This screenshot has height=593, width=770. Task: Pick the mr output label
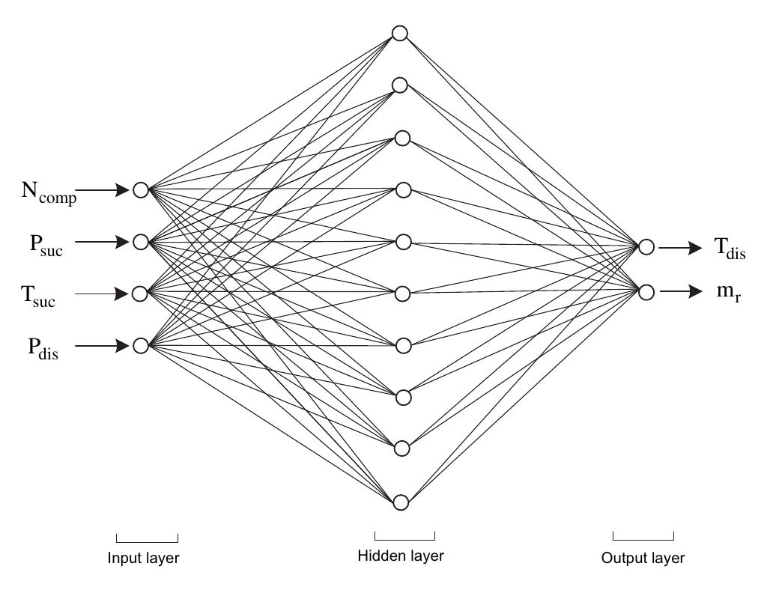(x=728, y=293)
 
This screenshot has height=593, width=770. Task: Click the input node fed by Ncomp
(x=141, y=190)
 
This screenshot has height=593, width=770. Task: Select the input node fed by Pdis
(x=141, y=345)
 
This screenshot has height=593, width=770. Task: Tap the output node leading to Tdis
(x=647, y=247)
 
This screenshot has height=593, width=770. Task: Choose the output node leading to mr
(x=647, y=292)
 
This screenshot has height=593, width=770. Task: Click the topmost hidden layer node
(x=400, y=34)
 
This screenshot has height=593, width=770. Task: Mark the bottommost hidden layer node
(x=401, y=502)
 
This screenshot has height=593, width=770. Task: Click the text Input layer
(x=144, y=558)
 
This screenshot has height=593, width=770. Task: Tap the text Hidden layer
(x=401, y=556)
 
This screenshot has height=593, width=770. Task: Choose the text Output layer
(x=643, y=558)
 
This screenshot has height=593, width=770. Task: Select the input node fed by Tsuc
(x=140, y=294)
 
